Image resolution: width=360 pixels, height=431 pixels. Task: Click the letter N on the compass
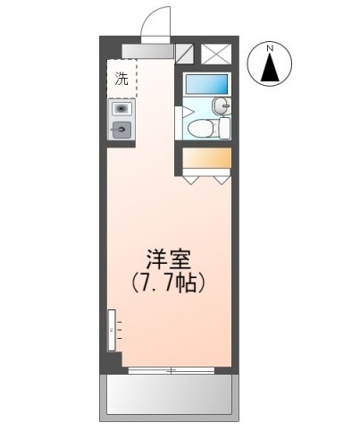[x=270, y=48]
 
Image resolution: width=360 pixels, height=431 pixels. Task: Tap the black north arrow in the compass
[x=270, y=67]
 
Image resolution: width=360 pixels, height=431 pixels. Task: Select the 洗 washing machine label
[x=121, y=79]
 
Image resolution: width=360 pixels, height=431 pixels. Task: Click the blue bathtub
[x=207, y=84]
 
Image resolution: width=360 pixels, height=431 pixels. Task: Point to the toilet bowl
[x=200, y=128]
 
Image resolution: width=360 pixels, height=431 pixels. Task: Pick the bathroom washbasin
[x=222, y=106]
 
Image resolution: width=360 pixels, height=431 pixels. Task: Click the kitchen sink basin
[x=121, y=109]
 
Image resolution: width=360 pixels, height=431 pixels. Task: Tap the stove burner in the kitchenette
[x=121, y=130]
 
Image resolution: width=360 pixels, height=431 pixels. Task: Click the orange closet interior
[x=206, y=157]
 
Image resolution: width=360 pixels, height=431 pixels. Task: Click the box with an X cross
[x=216, y=54]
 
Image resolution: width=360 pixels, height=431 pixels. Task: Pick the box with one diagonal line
[x=184, y=54]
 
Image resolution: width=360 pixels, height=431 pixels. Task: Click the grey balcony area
[x=169, y=394]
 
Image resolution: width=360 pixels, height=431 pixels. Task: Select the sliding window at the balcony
[x=172, y=370]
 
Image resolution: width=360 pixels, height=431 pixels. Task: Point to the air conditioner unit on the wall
[x=112, y=330]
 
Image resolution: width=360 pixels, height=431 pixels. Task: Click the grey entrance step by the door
[x=147, y=51]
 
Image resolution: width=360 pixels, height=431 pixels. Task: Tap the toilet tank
[x=225, y=128]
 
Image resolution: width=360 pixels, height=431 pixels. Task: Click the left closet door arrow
[x=191, y=180]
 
